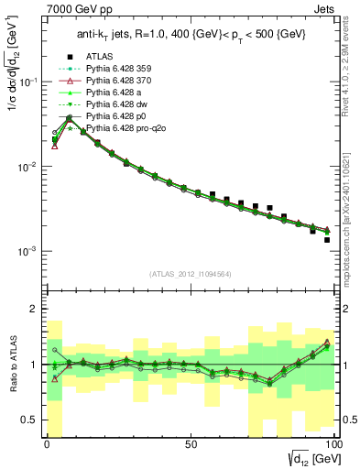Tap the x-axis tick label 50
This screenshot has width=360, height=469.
pos(191,444)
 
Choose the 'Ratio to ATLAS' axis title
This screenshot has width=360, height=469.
pos(11,365)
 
